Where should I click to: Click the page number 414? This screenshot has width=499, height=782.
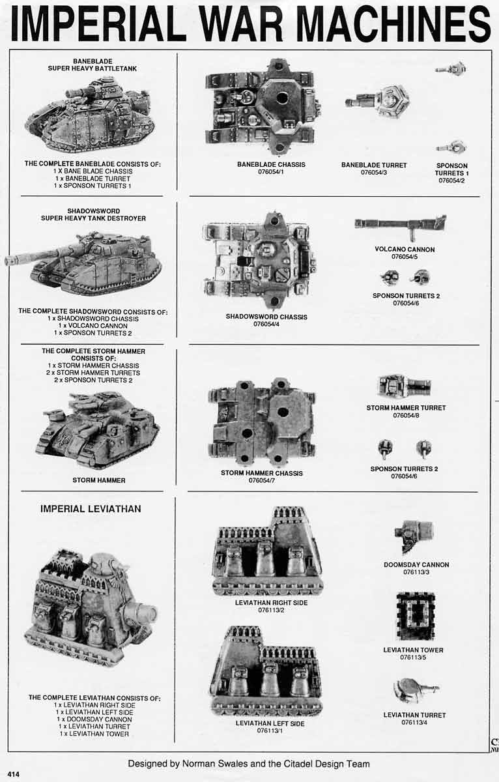14,774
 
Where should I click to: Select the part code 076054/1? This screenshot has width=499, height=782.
270,173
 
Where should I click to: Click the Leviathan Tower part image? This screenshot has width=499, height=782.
416,616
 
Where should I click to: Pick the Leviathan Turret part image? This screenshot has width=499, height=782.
415,689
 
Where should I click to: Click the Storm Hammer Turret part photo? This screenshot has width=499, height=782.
404,386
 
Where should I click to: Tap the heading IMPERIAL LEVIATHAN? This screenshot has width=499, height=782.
91,508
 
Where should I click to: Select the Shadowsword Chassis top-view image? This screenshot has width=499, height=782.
260,260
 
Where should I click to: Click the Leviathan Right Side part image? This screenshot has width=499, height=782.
268,552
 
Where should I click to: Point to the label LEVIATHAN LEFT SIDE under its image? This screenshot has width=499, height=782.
270,723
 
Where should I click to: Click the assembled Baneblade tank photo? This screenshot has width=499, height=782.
90,114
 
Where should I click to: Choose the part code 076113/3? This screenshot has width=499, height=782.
416,572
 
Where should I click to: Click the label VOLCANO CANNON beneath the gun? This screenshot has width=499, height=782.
405,249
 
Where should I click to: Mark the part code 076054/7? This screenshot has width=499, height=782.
261,480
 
